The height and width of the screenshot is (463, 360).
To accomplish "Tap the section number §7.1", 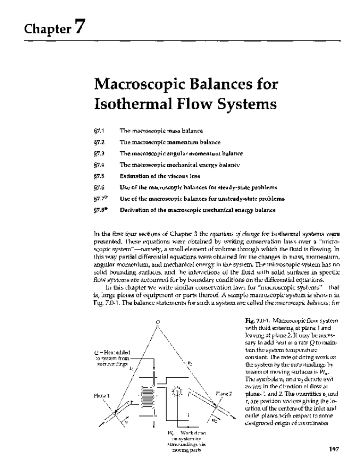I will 98,131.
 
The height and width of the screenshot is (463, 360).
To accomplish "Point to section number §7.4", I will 98,164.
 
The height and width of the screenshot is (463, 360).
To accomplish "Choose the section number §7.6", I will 98,187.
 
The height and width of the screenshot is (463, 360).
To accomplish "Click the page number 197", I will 335,450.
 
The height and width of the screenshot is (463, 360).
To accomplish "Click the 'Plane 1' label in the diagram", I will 102,396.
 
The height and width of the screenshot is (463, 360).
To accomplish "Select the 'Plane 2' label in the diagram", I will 224,393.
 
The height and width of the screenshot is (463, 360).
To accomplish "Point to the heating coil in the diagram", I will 146,395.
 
